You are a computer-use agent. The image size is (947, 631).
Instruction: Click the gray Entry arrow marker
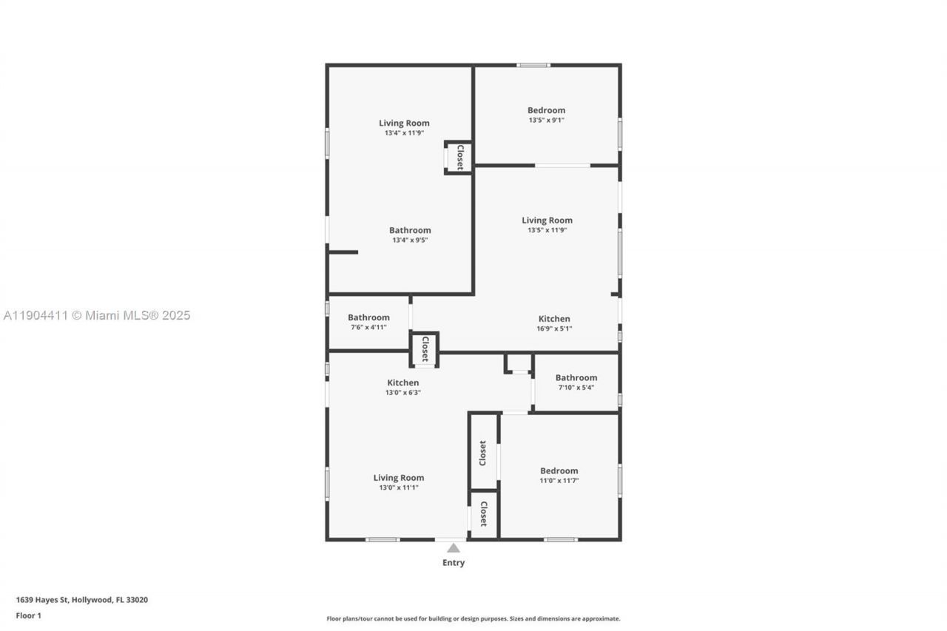coord(454,548)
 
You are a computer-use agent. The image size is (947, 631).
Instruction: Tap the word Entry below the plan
coord(454,563)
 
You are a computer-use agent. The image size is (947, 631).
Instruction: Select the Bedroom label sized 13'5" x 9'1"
coord(546,110)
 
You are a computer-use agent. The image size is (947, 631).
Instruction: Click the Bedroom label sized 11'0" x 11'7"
coord(559,471)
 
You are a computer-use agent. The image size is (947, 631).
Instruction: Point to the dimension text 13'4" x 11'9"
coord(404,133)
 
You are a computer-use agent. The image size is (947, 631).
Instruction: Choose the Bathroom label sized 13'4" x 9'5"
coord(410,230)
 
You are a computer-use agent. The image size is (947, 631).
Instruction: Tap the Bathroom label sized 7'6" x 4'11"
coord(368,317)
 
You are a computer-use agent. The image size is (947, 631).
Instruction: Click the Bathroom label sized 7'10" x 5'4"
coord(576,378)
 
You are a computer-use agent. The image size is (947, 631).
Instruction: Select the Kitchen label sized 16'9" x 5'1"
coord(553,319)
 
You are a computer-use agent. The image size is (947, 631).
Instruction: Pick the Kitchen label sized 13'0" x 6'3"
coord(402,382)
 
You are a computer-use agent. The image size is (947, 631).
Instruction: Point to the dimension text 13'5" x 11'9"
coord(547,230)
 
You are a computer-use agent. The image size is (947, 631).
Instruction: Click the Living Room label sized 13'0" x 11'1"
coord(398,478)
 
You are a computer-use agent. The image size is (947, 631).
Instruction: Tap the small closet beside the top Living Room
coord(459,158)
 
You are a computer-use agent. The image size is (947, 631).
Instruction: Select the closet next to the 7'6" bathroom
coord(425,349)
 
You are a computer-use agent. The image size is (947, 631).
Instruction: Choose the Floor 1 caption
coord(29,615)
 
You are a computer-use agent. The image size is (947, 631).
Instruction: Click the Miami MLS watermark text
coord(97,315)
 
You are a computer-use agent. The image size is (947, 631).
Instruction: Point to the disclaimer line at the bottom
coord(473,618)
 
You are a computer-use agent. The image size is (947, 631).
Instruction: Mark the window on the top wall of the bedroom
coord(533,65)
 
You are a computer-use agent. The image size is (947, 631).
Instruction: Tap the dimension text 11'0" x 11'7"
coord(559,481)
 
